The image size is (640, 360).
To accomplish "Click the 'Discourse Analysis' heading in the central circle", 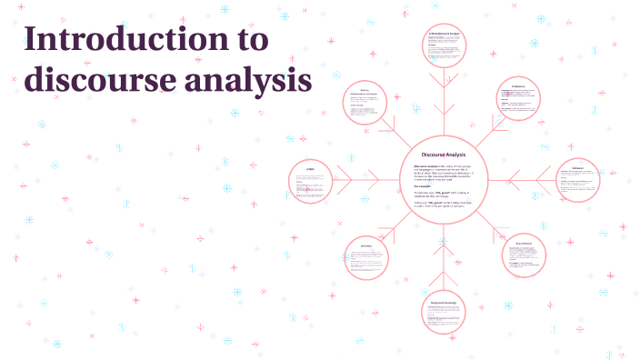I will coord(443,155).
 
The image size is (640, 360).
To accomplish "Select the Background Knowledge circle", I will coord(442,318).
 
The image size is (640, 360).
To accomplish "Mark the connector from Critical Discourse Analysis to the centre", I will coord(439,100).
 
